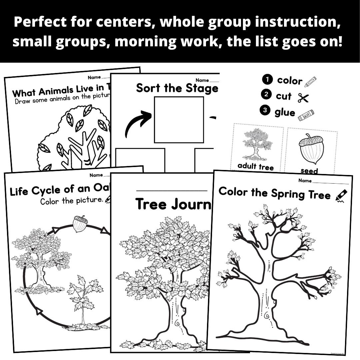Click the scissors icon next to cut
pyautogui.click(x=303, y=98)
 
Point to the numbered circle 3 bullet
pyautogui.click(x=266, y=111)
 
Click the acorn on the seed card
pyautogui.click(x=312, y=149)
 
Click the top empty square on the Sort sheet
pyautogui.click(x=179, y=119)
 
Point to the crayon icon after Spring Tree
pyautogui.click(x=341, y=195)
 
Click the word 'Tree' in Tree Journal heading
pyautogui.click(x=151, y=204)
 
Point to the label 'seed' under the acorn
pyautogui.click(x=309, y=171)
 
